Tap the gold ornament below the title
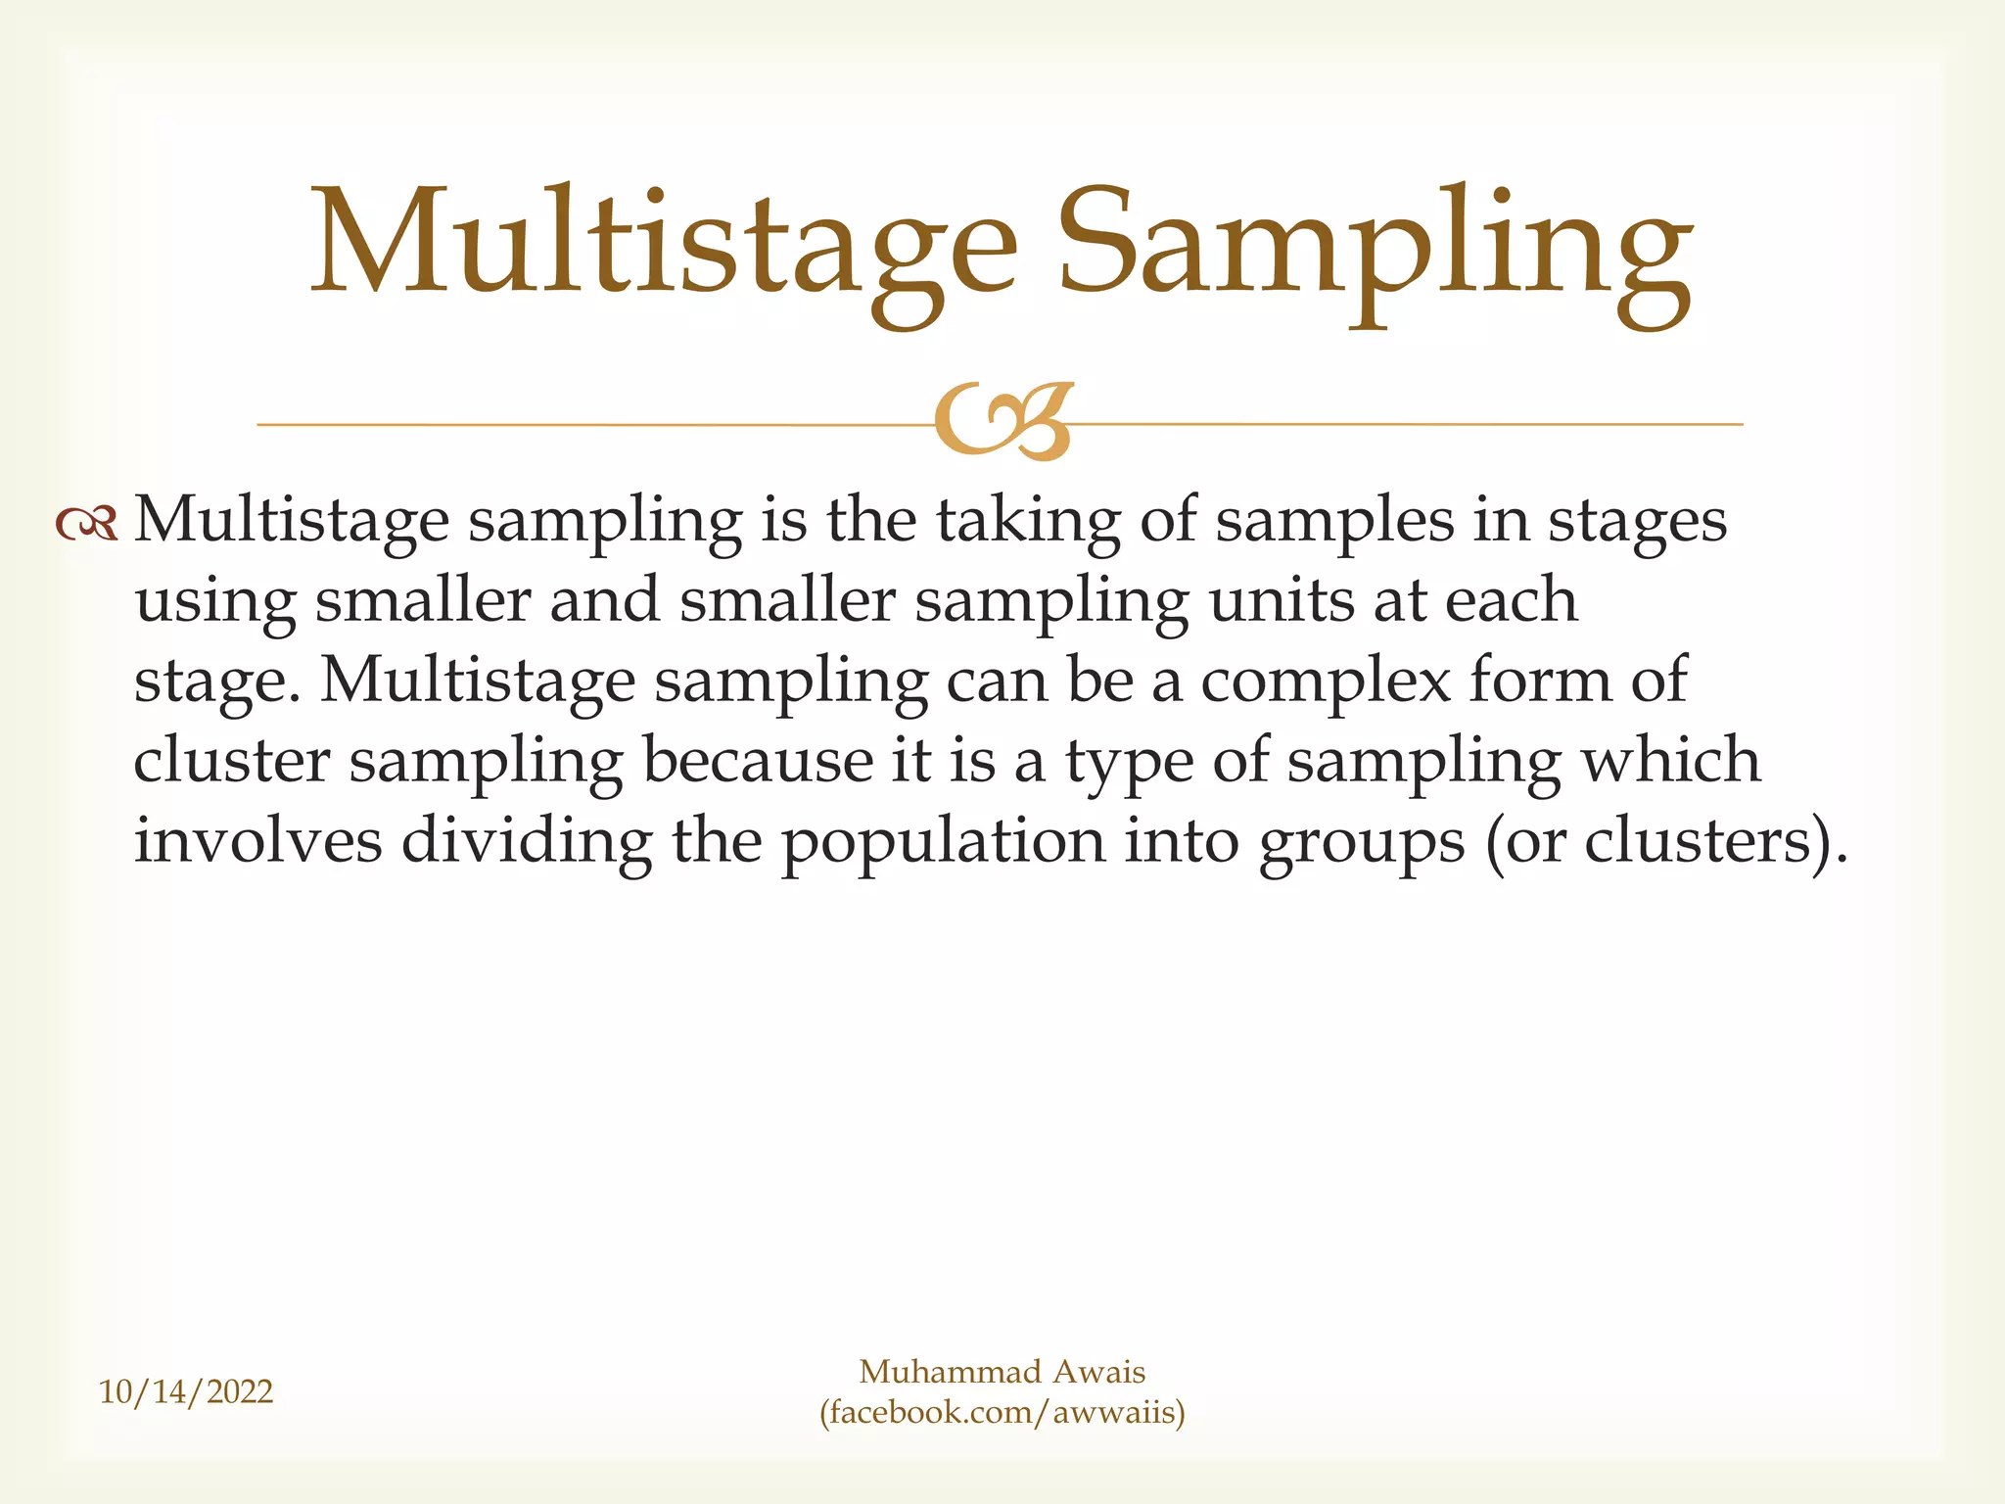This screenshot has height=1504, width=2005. click(1003, 421)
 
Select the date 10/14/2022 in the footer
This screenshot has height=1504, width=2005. click(186, 1391)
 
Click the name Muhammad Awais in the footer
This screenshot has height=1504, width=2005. click(1002, 1372)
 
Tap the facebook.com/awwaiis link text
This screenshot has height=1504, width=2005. click(1002, 1412)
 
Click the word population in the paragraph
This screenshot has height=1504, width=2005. click(942, 842)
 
